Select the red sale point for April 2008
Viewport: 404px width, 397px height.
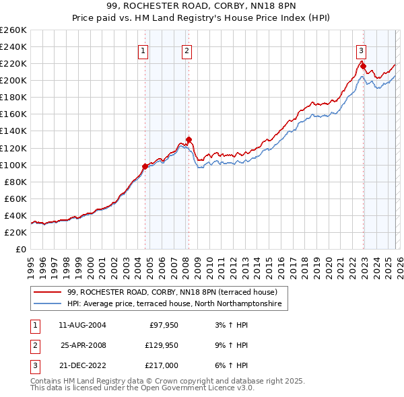pyautogui.click(x=189, y=139)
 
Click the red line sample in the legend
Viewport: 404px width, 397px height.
pyautogui.click(x=48, y=292)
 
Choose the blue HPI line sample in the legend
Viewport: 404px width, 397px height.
pyautogui.click(x=48, y=304)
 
